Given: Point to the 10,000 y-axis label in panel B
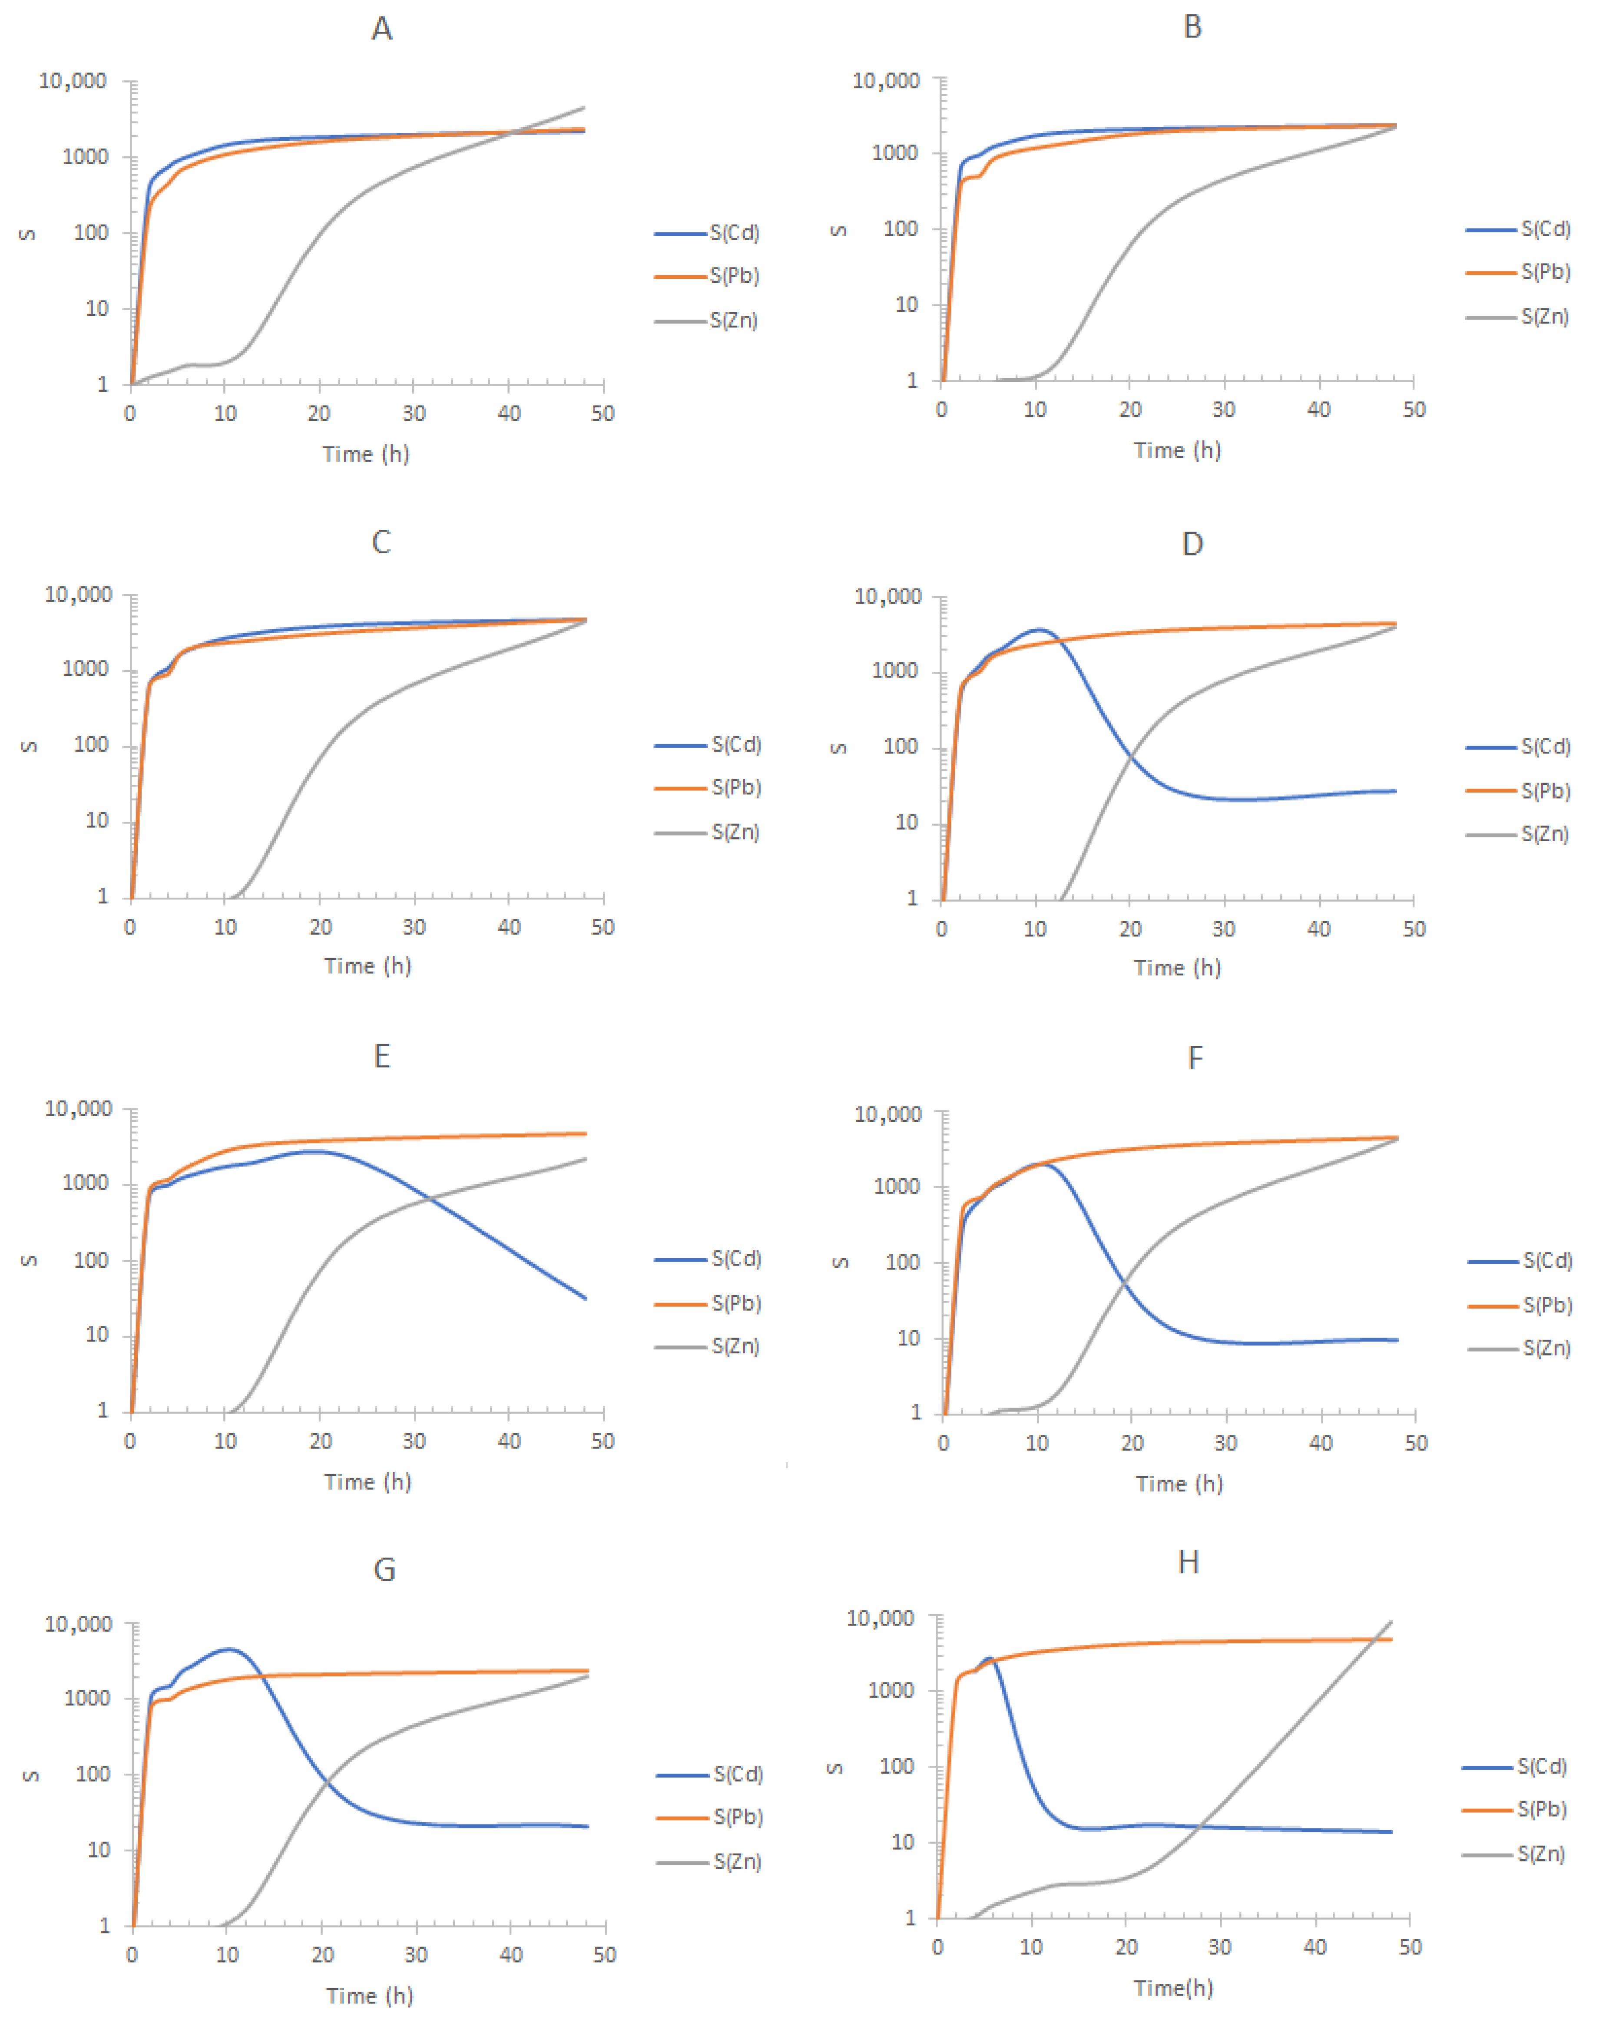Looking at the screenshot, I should [885, 81].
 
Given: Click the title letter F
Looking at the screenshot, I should [1194, 1058].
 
